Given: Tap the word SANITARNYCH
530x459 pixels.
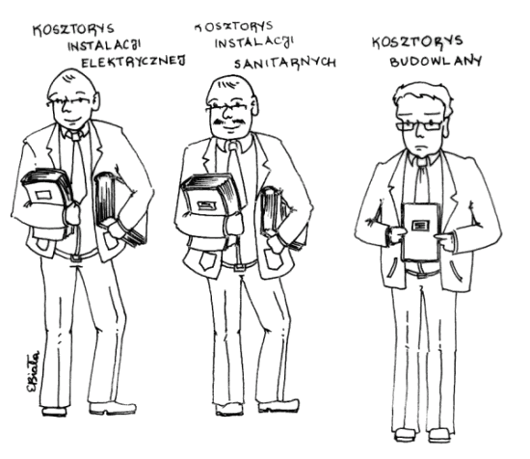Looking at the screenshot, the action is [x=285, y=63].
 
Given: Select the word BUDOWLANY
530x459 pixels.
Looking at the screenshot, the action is [x=436, y=61].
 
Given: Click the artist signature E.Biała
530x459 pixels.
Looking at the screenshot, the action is [x=33, y=371].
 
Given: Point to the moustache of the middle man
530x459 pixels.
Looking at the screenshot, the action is [x=229, y=121].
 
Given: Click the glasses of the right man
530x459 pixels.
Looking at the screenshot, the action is [x=419, y=125].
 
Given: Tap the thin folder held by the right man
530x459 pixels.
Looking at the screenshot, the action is [x=420, y=231].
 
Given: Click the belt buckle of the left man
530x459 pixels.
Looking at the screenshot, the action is [x=76, y=258].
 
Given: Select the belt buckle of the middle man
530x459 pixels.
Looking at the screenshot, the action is [x=239, y=268].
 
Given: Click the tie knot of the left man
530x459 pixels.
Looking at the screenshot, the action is [x=76, y=136].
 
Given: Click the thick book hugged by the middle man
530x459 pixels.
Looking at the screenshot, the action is [x=213, y=196].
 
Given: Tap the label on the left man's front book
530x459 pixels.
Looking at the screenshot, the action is [x=42, y=195].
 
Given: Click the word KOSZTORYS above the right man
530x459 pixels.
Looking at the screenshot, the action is [x=417, y=41].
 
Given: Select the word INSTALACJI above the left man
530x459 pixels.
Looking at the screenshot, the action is [x=104, y=45].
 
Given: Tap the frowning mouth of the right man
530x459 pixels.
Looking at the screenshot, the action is [x=420, y=148].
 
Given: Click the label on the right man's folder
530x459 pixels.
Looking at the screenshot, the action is [x=420, y=225].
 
